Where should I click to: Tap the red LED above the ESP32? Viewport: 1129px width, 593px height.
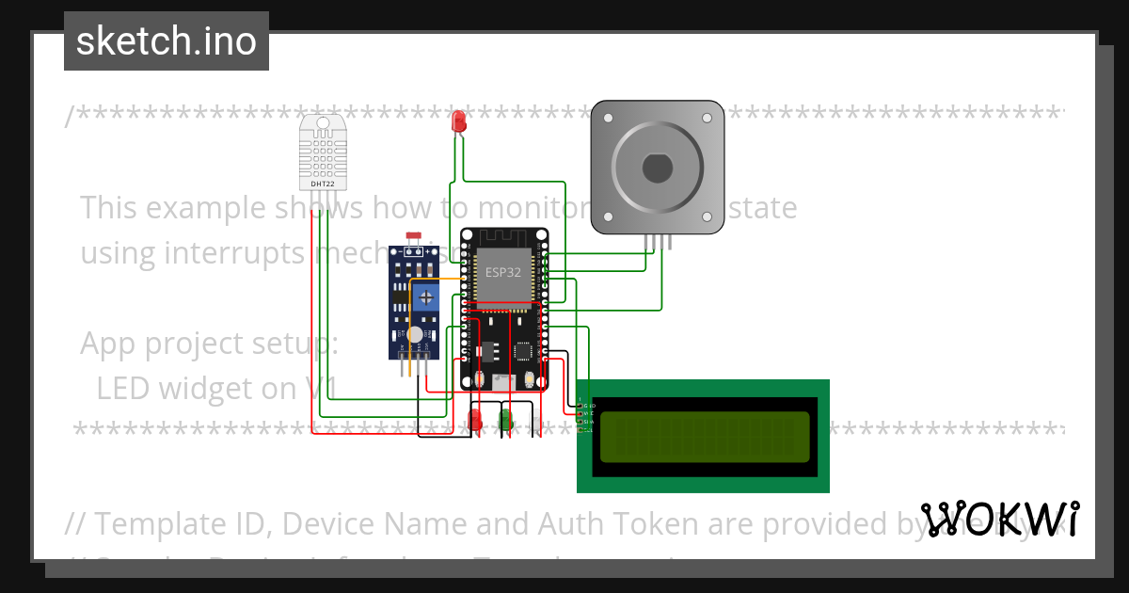(459, 121)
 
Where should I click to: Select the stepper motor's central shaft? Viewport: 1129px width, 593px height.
(657, 168)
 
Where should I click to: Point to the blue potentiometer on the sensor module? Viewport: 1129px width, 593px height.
(427, 297)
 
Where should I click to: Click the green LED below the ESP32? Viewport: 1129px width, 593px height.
(506, 417)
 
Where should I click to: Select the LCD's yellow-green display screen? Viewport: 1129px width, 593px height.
(703, 437)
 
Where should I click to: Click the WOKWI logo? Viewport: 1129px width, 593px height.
(999, 520)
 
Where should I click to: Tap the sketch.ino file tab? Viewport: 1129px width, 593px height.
(167, 41)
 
